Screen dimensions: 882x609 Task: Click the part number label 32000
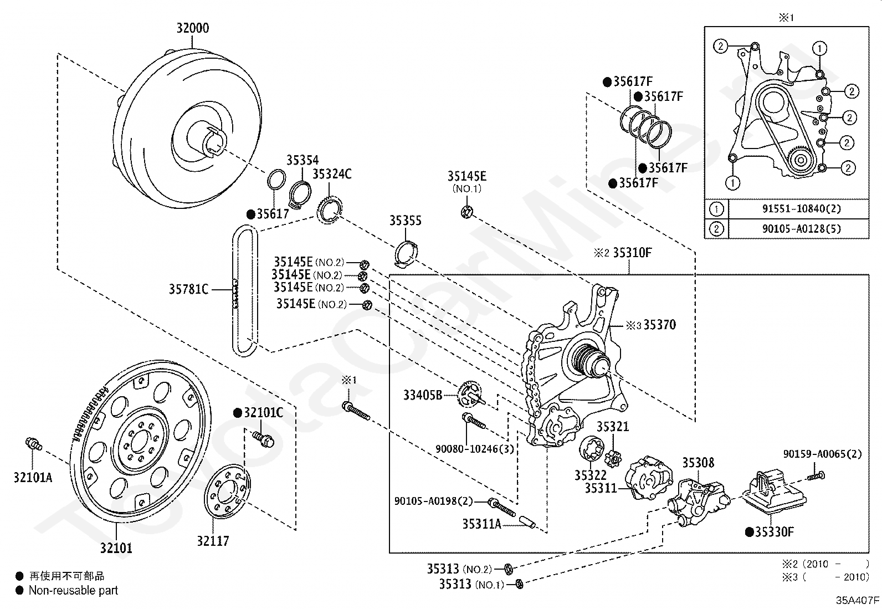193,28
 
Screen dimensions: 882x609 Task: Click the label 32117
213,541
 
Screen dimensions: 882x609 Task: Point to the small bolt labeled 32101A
34,443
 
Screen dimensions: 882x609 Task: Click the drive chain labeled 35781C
244,290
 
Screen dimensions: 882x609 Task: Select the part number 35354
302,160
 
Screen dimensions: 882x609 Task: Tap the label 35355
406,221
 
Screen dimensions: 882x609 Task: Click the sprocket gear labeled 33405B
471,395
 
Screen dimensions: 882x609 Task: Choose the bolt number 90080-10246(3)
474,449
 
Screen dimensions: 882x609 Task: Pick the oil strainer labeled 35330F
774,491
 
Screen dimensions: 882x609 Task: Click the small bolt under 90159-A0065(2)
816,476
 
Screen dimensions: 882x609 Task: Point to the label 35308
698,463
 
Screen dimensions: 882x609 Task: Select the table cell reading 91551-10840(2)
802,208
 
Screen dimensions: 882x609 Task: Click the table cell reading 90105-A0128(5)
802,229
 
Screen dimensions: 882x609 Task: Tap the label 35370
660,325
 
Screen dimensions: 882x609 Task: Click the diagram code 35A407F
857,600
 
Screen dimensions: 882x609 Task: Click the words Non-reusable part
74,591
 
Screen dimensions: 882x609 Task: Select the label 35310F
633,253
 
